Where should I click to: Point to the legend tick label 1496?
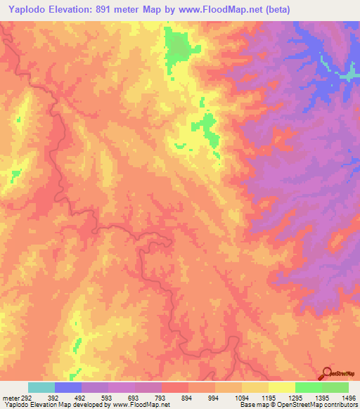tap(347, 398)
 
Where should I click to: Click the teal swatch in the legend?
tap(41, 387)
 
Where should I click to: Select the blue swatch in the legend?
tap(68, 387)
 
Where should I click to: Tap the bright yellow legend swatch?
tap(281, 387)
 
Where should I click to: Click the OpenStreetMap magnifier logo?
tap(328, 373)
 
